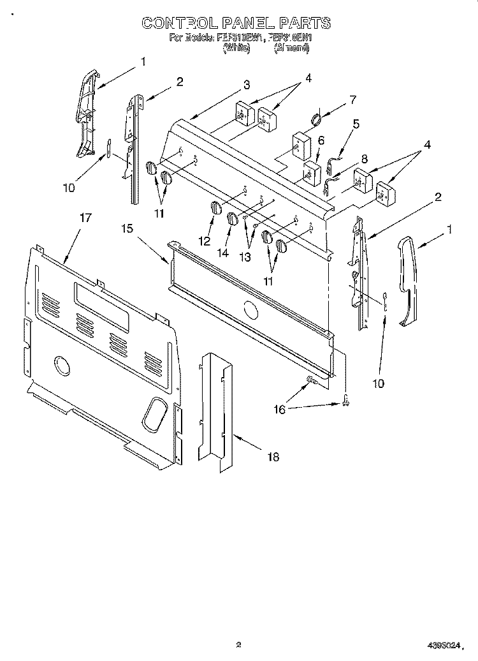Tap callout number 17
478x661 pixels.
tap(85, 218)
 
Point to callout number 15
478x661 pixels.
tap(127, 228)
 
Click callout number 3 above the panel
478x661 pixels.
tap(246, 85)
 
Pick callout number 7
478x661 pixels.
tap(352, 99)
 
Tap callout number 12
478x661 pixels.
tap(205, 241)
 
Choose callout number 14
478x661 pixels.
tap(222, 253)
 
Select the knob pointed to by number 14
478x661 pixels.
tap(232, 219)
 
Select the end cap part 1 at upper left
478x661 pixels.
tap(86, 115)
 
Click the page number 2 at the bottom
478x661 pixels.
tap(238, 644)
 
